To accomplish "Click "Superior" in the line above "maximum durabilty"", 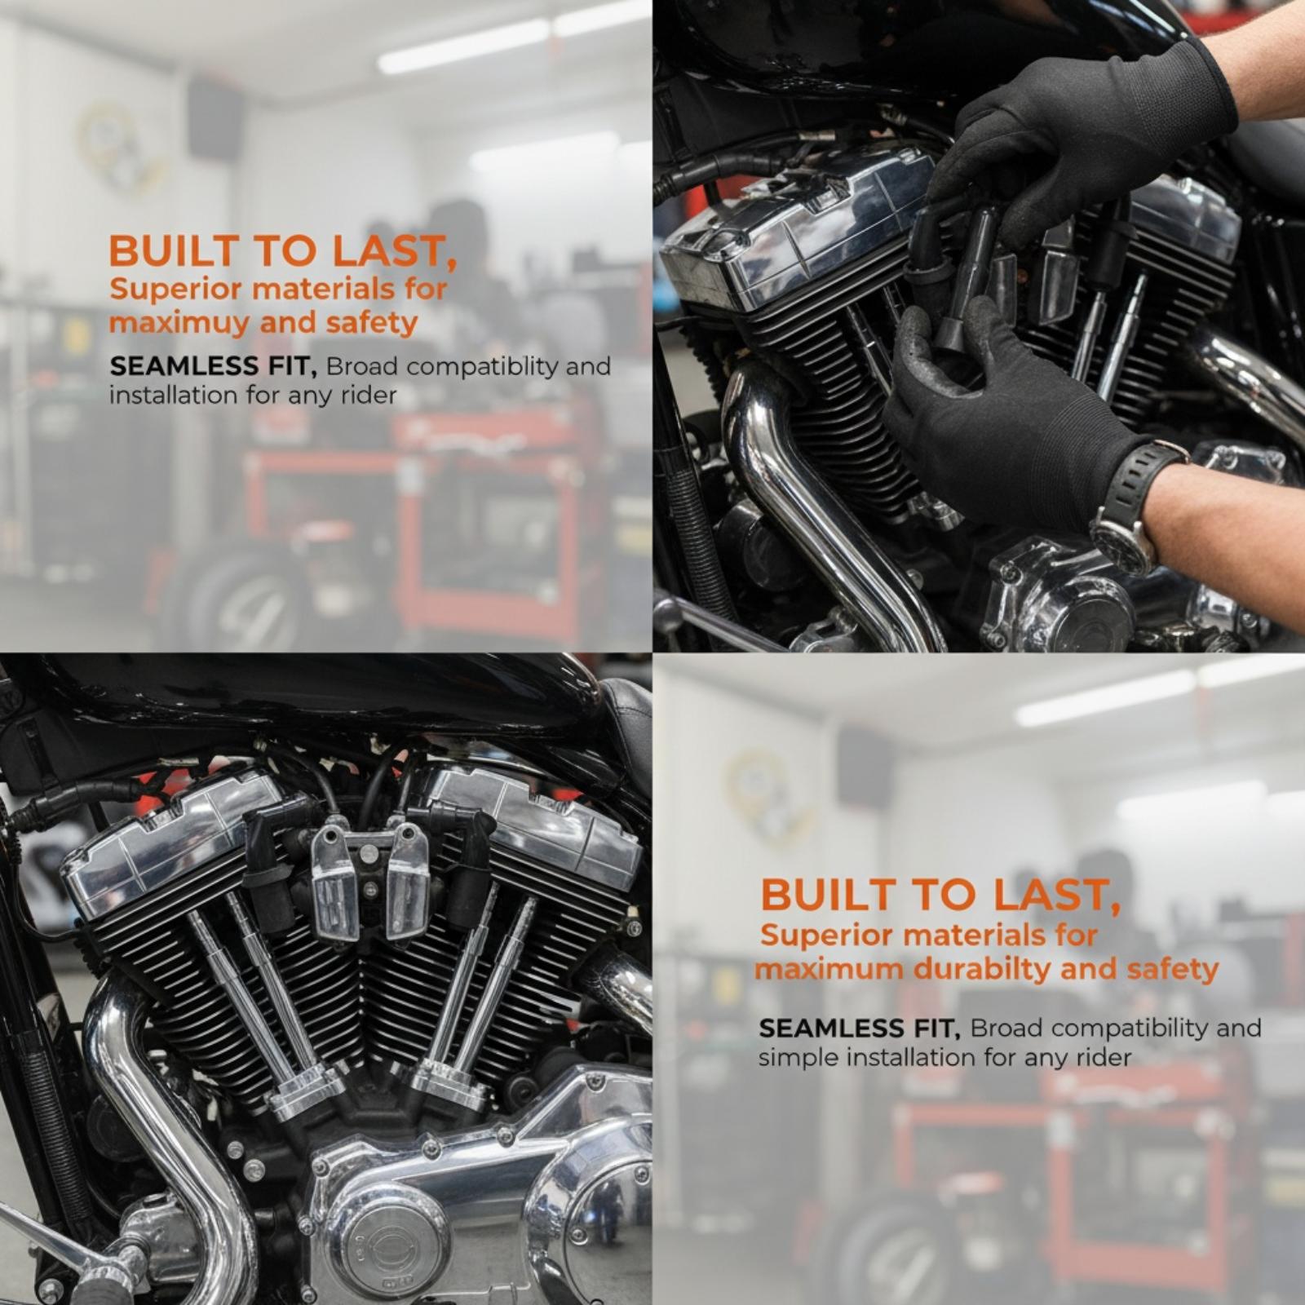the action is [816, 935].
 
